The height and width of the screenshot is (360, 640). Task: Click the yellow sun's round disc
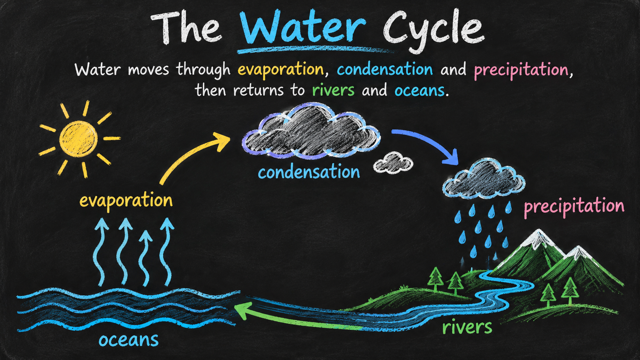point(78,139)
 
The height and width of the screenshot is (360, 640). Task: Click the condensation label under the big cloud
point(309,173)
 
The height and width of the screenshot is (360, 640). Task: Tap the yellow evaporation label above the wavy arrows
point(126,200)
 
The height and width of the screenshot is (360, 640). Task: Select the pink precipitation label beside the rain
point(574,207)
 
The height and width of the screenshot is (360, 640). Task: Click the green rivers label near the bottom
point(467,327)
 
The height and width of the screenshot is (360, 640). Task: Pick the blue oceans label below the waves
point(129,340)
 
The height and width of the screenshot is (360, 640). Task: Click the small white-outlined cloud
point(393,163)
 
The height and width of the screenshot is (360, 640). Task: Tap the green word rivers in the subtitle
point(333,90)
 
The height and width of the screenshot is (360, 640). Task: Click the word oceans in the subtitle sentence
point(420,91)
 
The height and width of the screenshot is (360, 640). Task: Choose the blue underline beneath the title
point(314,50)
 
